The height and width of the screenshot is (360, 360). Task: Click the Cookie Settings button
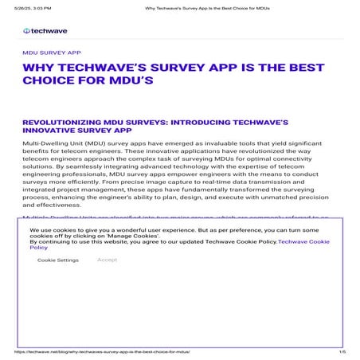coord(57,260)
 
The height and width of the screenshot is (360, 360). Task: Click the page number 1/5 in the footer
coord(342,350)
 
